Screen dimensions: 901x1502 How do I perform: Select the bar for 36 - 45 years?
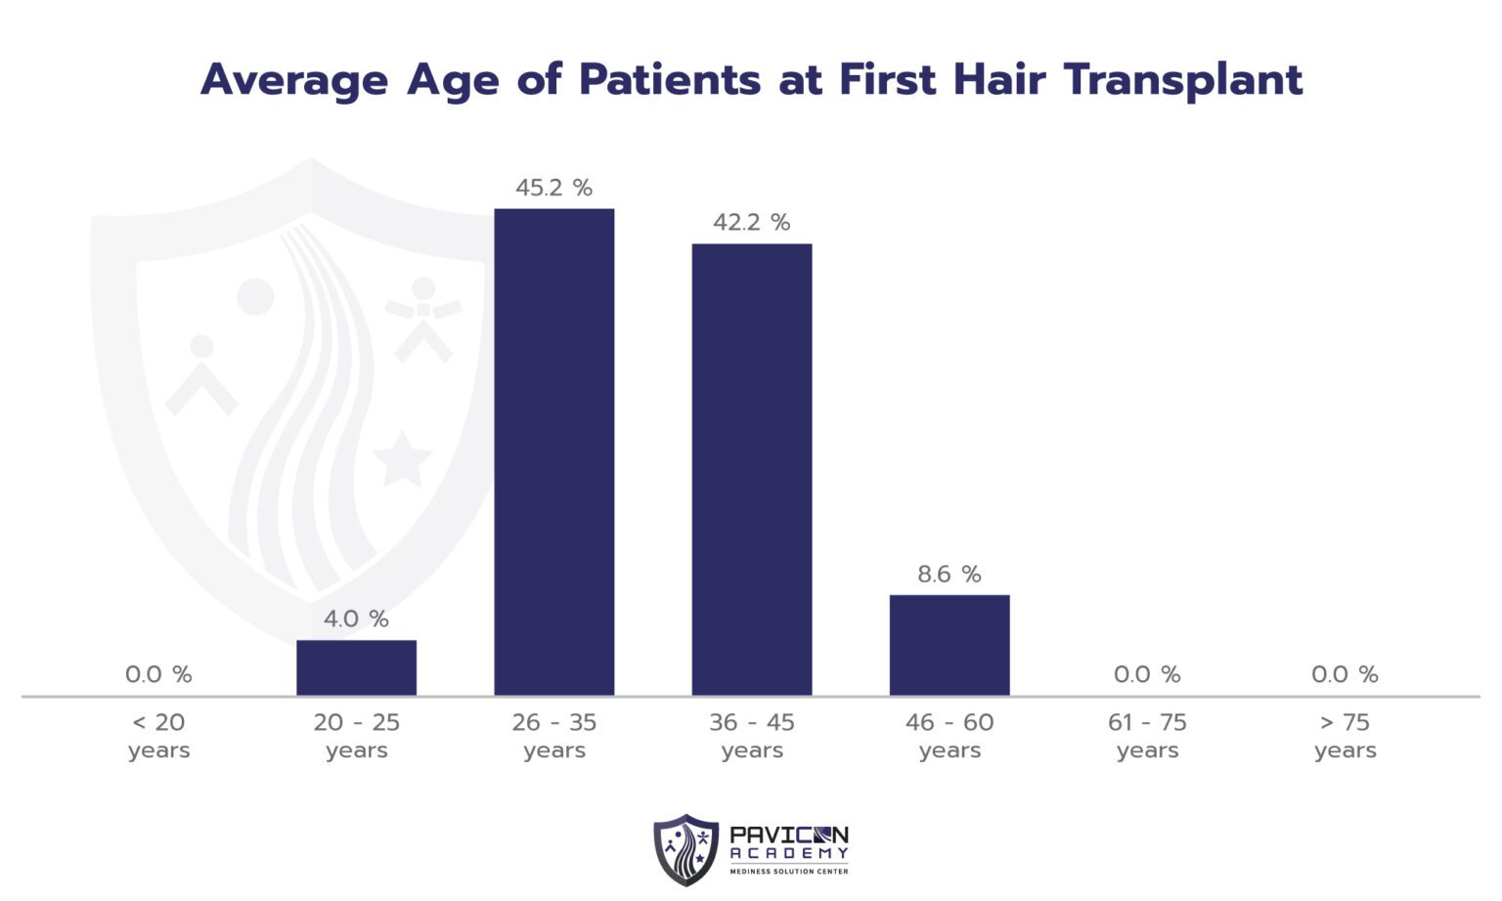(x=751, y=469)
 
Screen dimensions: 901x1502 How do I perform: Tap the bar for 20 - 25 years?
(x=356, y=667)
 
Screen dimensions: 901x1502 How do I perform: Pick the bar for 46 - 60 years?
(x=949, y=645)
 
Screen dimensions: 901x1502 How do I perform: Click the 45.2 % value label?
(x=553, y=188)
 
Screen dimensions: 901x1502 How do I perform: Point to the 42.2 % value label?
(x=751, y=223)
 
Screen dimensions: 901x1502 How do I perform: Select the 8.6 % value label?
(x=949, y=575)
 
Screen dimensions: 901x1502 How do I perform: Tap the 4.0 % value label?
(x=356, y=620)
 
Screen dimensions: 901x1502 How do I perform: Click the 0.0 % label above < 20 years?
(x=158, y=674)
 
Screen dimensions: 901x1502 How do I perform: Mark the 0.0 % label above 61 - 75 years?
(x=1147, y=674)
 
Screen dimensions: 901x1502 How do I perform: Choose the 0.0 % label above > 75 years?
(x=1345, y=674)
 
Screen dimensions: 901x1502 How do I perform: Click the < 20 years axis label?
(x=158, y=736)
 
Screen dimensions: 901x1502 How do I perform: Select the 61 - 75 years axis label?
(x=1147, y=736)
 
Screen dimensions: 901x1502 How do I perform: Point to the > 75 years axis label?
(x=1345, y=736)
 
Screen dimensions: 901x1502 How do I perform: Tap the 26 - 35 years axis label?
(x=553, y=736)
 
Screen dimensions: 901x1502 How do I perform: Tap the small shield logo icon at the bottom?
(x=685, y=849)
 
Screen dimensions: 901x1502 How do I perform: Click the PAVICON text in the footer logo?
(x=789, y=836)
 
